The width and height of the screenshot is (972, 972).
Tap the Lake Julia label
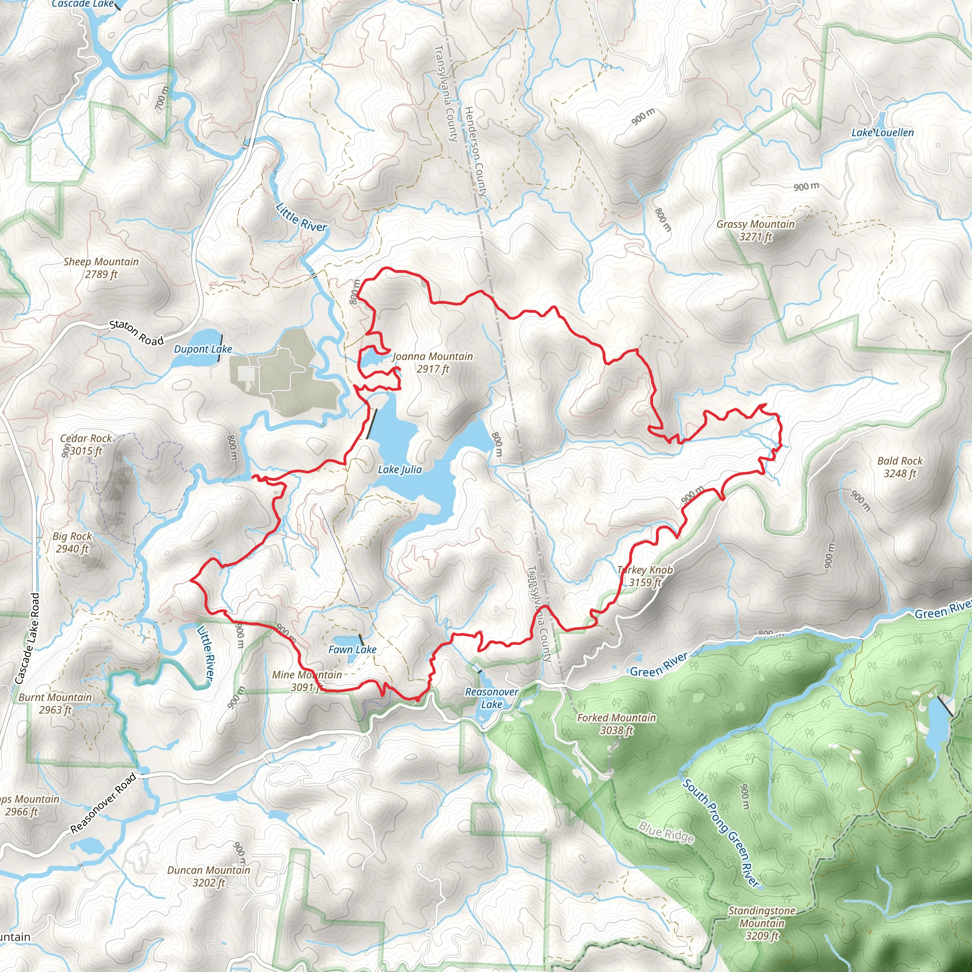click(400, 469)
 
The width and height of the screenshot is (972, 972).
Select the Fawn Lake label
click(352, 650)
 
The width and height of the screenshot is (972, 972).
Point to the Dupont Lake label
click(203, 349)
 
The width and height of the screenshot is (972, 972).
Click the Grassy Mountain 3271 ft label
click(755, 230)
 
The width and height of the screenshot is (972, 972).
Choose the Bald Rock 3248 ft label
click(899, 467)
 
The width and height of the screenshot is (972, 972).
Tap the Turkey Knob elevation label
click(645, 582)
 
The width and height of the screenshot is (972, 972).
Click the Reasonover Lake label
click(491, 698)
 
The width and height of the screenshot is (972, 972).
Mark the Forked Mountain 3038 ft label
click(617, 724)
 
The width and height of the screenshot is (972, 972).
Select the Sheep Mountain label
click(101, 268)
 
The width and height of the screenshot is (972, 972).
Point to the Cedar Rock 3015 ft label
click(85, 445)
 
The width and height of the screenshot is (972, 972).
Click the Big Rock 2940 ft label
click(72, 542)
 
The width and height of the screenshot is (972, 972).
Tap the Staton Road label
click(137, 333)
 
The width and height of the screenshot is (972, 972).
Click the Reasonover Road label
click(103, 803)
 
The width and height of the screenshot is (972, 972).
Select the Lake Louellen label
click(882, 133)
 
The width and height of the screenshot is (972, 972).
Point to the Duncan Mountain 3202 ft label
click(208, 876)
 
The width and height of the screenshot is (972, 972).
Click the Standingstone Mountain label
click(762, 923)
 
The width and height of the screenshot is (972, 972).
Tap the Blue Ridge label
click(666, 832)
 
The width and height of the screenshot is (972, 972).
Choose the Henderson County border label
click(475, 151)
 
